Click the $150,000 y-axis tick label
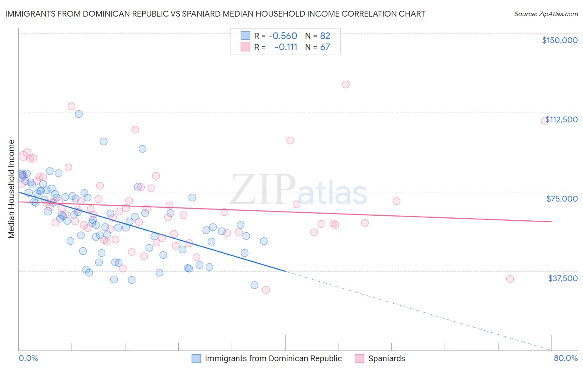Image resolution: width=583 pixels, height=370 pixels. pyautogui.click(x=559, y=40)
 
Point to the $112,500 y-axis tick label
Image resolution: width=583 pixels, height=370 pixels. pyautogui.click(x=561, y=119)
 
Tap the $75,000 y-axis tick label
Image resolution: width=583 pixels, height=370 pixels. pyautogui.click(x=562, y=199)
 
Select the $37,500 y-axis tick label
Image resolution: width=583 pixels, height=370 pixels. pyautogui.click(x=563, y=278)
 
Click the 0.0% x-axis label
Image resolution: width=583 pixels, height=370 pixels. pyautogui.click(x=28, y=358)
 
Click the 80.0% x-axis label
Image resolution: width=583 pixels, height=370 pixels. pyautogui.click(x=566, y=358)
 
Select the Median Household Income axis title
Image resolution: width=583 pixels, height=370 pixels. pyautogui.click(x=12, y=189)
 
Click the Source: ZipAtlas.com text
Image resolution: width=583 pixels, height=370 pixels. pyautogui.click(x=546, y=14)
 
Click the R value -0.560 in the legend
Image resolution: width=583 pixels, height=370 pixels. pyautogui.click(x=283, y=36)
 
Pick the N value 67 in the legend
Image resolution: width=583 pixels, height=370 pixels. pyautogui.click(x=325, y=47)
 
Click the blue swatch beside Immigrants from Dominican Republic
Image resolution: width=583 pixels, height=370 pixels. pyautogui.click(x=196, y=358)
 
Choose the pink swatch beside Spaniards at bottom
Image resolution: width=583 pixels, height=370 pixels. pyautogui.click(x=360, y=358)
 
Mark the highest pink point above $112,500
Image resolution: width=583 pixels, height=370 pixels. pyautogui.click(x=345, y=84)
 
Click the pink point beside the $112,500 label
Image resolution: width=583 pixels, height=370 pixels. pyautogui.click(x=544, y=121)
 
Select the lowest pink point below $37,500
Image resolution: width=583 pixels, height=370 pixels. pyautogui.click(x=266, y=290)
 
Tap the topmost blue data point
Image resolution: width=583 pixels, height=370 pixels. pyautogui.click(x=79, y=114)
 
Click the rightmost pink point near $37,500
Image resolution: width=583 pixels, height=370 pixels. pyautogui.click(x=510, y=279)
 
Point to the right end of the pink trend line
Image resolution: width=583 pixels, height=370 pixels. pyautogui.click(x=551, y=222)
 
